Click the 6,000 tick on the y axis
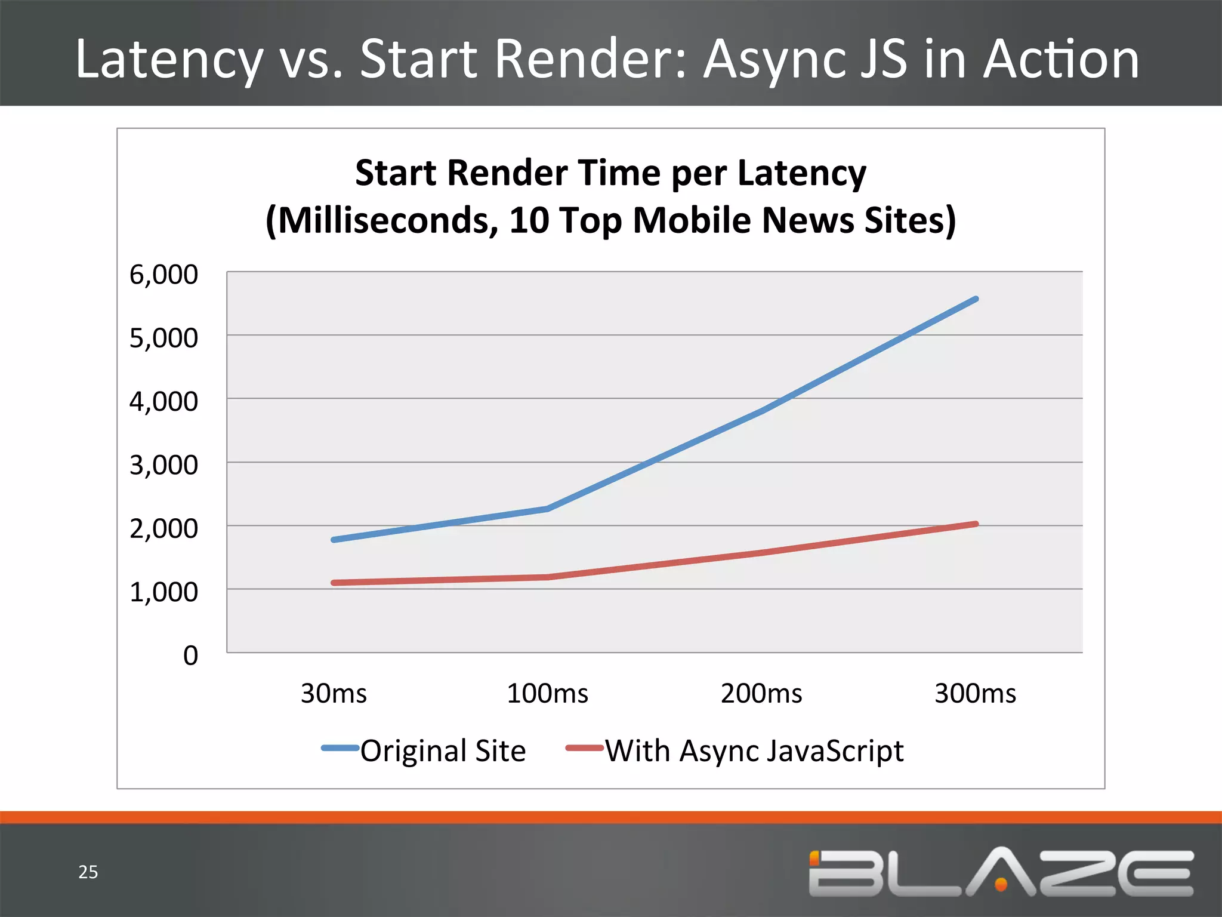(163, 275)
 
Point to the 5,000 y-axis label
(163, 339)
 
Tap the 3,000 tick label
(163, 465)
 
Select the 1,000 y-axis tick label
(163, 592)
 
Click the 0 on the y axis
(190, 656)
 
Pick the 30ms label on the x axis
(334, 693)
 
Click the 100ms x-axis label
(547, 693)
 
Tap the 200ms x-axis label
(761, 693)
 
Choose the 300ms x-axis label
(975, 693)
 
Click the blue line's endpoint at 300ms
(976, 299)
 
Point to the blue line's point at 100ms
(548, 509)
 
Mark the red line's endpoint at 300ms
(976, 524)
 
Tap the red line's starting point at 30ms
(334, 583)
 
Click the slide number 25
(88, 872)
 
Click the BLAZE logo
(1001, 872)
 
